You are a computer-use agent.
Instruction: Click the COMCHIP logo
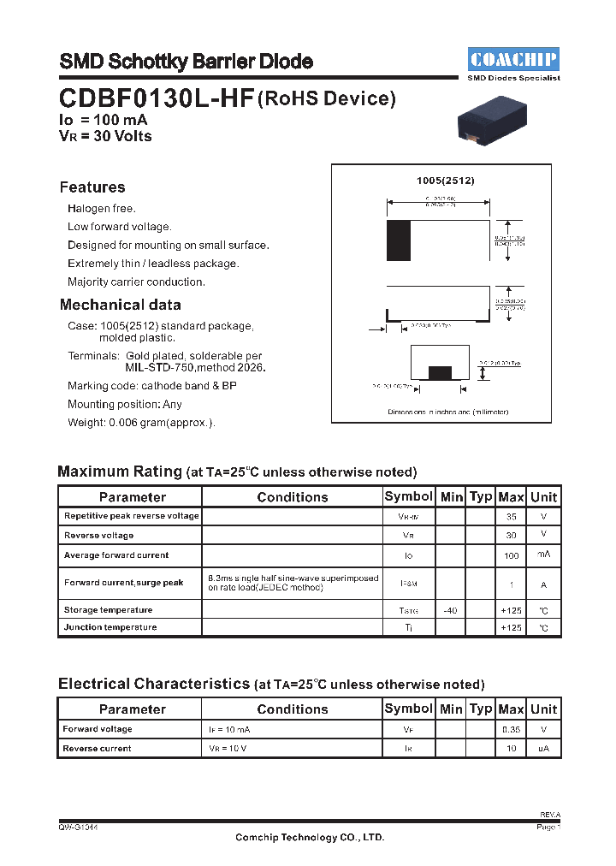click(513, 59)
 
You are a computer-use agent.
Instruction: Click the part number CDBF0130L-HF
click(157, 99)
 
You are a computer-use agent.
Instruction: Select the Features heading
click(92, 187)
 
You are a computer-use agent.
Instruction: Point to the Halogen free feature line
click(102, 209)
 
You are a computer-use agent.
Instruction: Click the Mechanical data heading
click(121, 305)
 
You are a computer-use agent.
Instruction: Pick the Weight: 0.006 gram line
click(141, 423)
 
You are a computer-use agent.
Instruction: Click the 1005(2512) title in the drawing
click(445, 181)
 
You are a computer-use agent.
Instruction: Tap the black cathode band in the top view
click(399, 240)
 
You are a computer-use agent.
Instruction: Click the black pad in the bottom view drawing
click(440, 372)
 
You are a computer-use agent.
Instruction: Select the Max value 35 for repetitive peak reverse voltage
click(511, 517)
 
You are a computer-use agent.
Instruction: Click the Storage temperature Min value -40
click(451, 610)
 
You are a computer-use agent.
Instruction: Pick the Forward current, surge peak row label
click(124, 583)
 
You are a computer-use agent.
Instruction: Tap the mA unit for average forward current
click(543, 555)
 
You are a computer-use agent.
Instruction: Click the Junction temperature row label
click(110, 627)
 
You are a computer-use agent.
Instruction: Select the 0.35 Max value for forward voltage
click(511, 730)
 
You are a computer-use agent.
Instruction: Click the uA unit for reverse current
click(543, 749)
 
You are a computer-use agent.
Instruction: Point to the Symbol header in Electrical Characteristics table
click(409, 709)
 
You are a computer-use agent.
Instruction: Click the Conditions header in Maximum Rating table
click(293, 497)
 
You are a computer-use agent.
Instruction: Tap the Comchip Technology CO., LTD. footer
click(310, 838)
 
